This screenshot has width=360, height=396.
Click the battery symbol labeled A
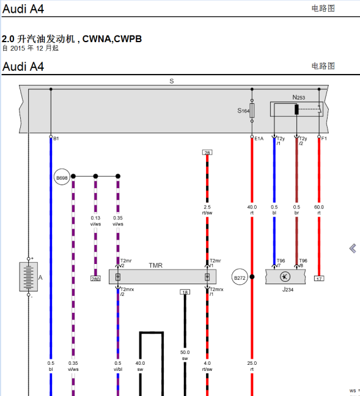coord(28,276)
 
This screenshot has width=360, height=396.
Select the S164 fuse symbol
coord(252,110)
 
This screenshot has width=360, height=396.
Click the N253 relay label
coord(298,97)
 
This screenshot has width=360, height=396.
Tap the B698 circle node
coord(62,178)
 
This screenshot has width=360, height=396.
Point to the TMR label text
coord(155,266)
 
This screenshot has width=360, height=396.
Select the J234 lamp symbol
coord(284,277)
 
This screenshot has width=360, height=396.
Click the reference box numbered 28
coord(207,152)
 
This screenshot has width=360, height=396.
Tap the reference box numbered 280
coord(95,279)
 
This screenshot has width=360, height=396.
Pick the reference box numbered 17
coord(319,279)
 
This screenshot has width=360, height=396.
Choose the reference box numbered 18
coord(185,292)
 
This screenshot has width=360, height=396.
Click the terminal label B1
coord(56,139)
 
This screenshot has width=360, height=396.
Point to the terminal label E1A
coord(259,139)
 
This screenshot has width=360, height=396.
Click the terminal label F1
coord(324,139)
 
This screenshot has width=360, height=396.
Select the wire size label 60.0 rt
coord(319,210)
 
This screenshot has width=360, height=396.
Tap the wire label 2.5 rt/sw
coord(208,210)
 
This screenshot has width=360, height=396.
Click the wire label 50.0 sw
coord(185,355)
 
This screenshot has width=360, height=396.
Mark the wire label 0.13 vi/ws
coord(95,221)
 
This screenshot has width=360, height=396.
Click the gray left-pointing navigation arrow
coord(353,248)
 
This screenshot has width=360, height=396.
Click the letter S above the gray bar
coord(172,81)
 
